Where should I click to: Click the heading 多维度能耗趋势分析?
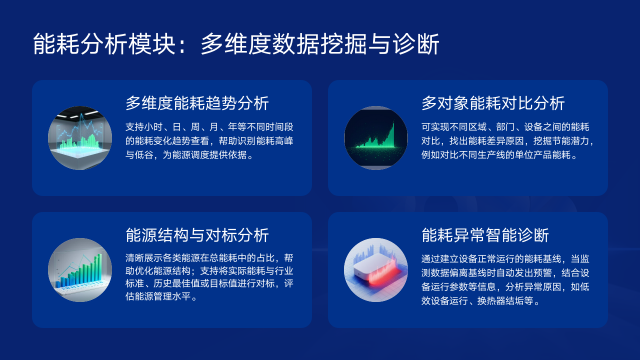pyautogui.click(x=197, y=103)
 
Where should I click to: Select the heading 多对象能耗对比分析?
pyautogui.click(x=493, y=103)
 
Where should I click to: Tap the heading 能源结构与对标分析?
pyautogui.click(x=197, y=236)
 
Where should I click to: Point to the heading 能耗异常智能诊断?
pyautogui.click(x=486, y=236)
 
